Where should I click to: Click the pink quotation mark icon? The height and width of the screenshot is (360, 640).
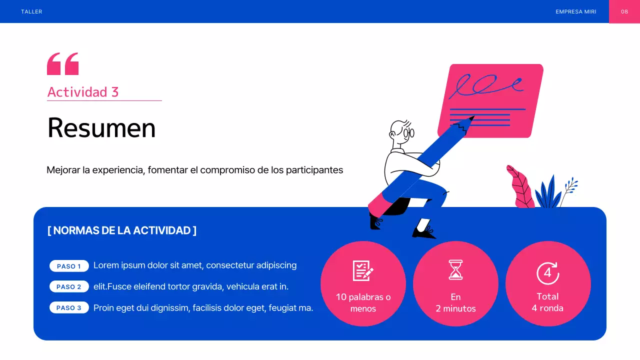(62, 63)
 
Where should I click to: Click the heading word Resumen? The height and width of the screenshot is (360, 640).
(101, 128)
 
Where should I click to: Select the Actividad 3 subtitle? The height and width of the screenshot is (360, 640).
(83, 92)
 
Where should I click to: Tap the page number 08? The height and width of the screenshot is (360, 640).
(624, 11)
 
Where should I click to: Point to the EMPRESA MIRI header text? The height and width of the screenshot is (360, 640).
(575, 11)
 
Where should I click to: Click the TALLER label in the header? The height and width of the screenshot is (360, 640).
(31, 11)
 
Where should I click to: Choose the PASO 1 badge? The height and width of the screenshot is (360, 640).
(69, 266)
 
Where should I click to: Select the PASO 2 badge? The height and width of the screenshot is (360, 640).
(69, 286)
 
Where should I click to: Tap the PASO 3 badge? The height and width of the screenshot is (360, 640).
(69, 307)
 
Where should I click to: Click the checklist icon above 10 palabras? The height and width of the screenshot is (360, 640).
(363, 270)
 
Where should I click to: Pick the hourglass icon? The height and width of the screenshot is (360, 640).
(455, 270)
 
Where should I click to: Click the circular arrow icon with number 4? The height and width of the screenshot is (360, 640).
(547, 273)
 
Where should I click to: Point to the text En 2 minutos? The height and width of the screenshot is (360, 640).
(455, 303)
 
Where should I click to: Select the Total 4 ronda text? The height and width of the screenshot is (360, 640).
(547, 302)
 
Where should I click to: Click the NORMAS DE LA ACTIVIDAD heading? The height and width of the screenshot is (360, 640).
(122, 230)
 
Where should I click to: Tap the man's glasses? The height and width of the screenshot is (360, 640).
(409, 133)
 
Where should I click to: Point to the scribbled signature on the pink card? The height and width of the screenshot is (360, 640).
(485, 86)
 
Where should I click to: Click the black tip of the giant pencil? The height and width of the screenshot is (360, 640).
(471, 118)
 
